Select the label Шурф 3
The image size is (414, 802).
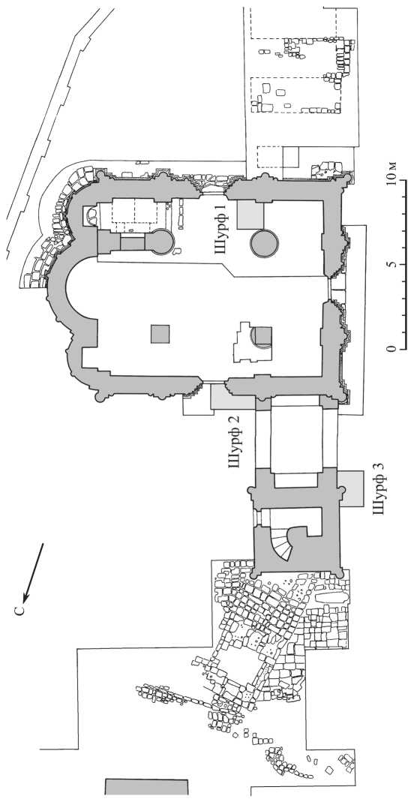pyautogui.click(x=380, y=488)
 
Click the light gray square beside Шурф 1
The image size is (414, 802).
pyautogui.click(x=250, y=215)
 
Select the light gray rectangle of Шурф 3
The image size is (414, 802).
pyautogui.click(x=352, y=488)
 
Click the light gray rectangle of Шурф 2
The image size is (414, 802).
pyautogui.click(x=232, y=398)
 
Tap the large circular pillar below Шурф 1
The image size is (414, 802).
pyautogui.click(x=264, y=244)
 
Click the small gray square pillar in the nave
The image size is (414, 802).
pyautogui.click(x=160, y=334)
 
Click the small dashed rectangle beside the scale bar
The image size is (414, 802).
pyautogui.click(x=271, y=157)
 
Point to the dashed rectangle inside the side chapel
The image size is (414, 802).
pyautogui.click(x=134, y=211)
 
